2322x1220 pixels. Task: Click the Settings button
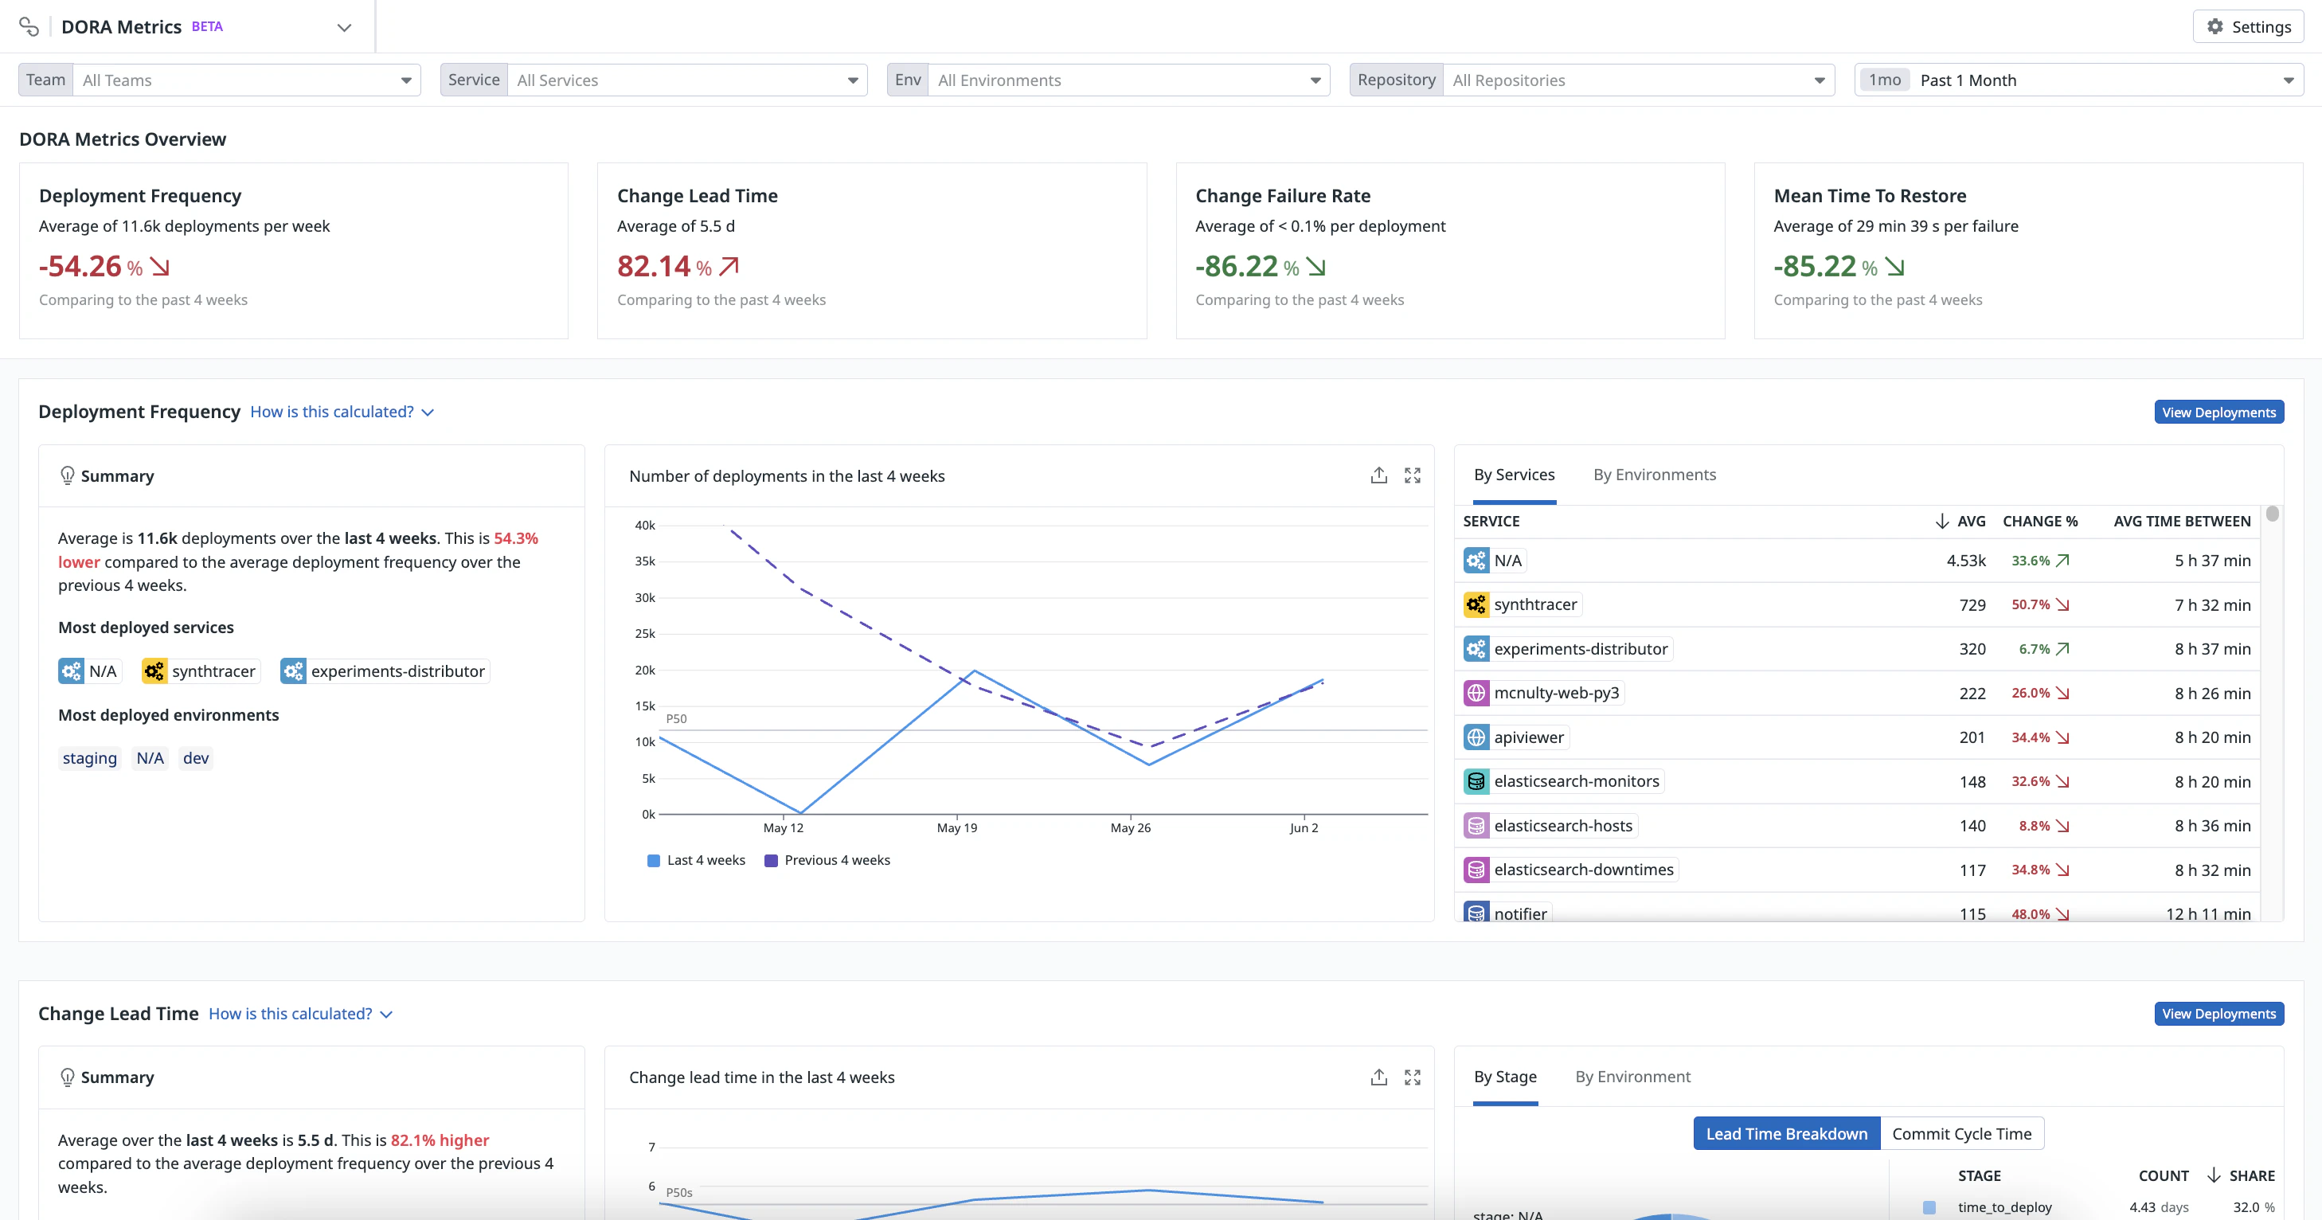pyautogui.click(x=2248, y=27)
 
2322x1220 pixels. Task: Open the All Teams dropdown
pyautogui.click(x=246, y=80)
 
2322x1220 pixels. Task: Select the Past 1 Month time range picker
pyautogui.click(x=2078, y=80)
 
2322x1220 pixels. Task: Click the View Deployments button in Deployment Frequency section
pyautogui.click(x=2218, y=412)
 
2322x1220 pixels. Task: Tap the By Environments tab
pyautogui.click(x=1654, y=475)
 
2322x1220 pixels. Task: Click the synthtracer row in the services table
pyautogui.click(x=1535, y=605)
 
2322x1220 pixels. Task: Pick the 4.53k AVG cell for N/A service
pyautogui.click(x=1965, y=561)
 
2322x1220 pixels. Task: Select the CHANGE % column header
pyautogui.click(x=2040, y=521)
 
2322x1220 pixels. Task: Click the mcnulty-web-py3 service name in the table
pyautogui.click(x=1556, y=694)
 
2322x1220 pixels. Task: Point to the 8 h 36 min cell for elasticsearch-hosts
pyautogui.click(x=2212, y=826)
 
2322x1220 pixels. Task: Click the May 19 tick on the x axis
pyautogui.click(x=956, y=827)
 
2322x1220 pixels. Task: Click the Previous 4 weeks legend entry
pyautogui.click(x=836, y=860)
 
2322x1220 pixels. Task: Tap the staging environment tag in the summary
pyautogui.click(x=89, y=758)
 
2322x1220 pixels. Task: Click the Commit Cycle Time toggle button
pyautogui.click(x=1961, y=1134)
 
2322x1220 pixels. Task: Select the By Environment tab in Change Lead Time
pyautogui.click(x=1632, y=1077)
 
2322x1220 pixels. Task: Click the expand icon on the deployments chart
pyautogui.click(x=1413, y=475)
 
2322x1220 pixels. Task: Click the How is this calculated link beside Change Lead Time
pyautogui.click(x=300, y=1015)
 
